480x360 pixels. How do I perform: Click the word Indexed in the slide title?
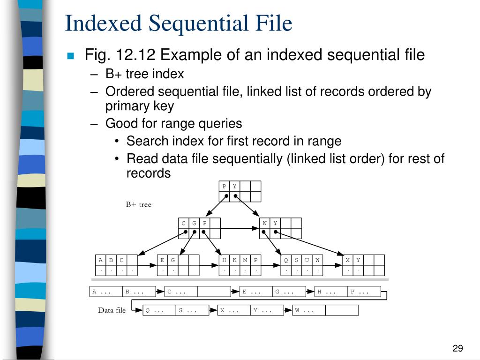(97, 23)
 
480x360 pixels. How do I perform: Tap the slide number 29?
(457, 348)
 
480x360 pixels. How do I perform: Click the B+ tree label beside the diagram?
(138, 204)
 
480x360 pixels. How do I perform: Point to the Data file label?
(112, 310)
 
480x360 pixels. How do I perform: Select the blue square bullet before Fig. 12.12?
(71, 56)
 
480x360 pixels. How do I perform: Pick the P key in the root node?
(225, 186)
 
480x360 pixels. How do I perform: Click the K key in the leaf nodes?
(235, 260)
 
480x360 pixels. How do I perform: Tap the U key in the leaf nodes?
(307, 260)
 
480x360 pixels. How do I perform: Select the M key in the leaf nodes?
(245, 260)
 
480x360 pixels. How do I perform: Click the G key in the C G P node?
(194, 223)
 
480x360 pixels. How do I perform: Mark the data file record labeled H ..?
(331, 292)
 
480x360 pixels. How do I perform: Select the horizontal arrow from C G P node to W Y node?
(239, 228)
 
